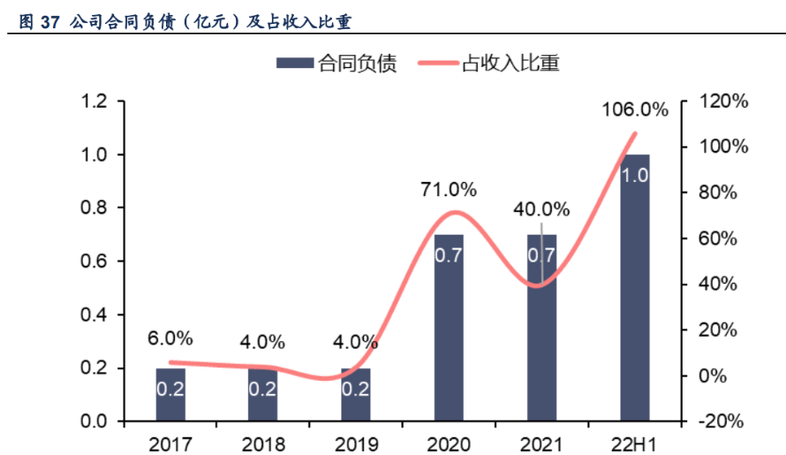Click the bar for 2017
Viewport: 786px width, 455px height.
170,395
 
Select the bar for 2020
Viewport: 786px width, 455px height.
449,328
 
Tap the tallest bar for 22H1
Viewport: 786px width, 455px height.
635,288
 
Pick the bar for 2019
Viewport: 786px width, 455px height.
356,395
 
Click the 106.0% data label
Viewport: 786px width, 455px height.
635,110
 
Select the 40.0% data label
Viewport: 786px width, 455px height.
541,209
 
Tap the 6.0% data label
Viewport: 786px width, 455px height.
170,338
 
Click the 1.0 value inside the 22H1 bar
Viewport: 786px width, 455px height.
635,175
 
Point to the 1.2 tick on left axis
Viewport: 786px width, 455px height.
94,102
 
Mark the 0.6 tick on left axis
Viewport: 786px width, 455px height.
94,262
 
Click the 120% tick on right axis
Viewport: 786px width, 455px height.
722,102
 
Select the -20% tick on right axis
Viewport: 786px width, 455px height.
722,421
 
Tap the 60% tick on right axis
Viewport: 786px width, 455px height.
722,239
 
